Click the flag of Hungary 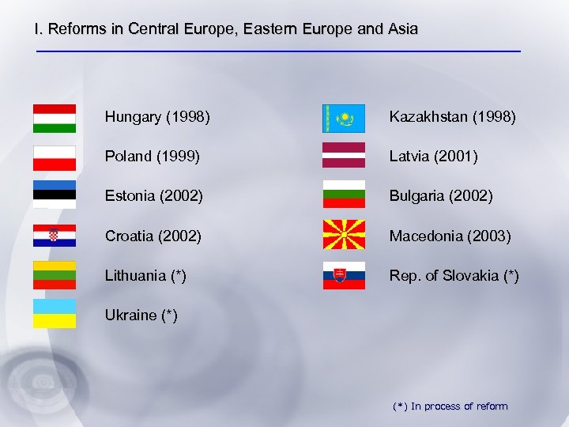[x=55, y=118]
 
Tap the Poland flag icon [x=55, y=157]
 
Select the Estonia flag [x=55, y=195]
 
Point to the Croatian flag [x=55, y=235]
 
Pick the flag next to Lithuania [x=55, y=275]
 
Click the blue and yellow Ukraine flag [x=55, y=313]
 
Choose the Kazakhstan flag [x=344, y=118]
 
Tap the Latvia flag [x=344, y=155]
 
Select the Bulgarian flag [x=344, y=195]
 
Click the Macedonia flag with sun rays [x=344, y=235]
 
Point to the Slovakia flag [x=344, y=275]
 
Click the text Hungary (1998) [x=157, y=118]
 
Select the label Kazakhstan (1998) [x=452, y=118]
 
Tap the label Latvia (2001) [x=433, y=157]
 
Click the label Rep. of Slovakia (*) [x=454, y=275]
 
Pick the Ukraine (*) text [x=141, y=315]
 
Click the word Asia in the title [x=402, y=29]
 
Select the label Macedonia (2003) [x=450, y=236]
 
